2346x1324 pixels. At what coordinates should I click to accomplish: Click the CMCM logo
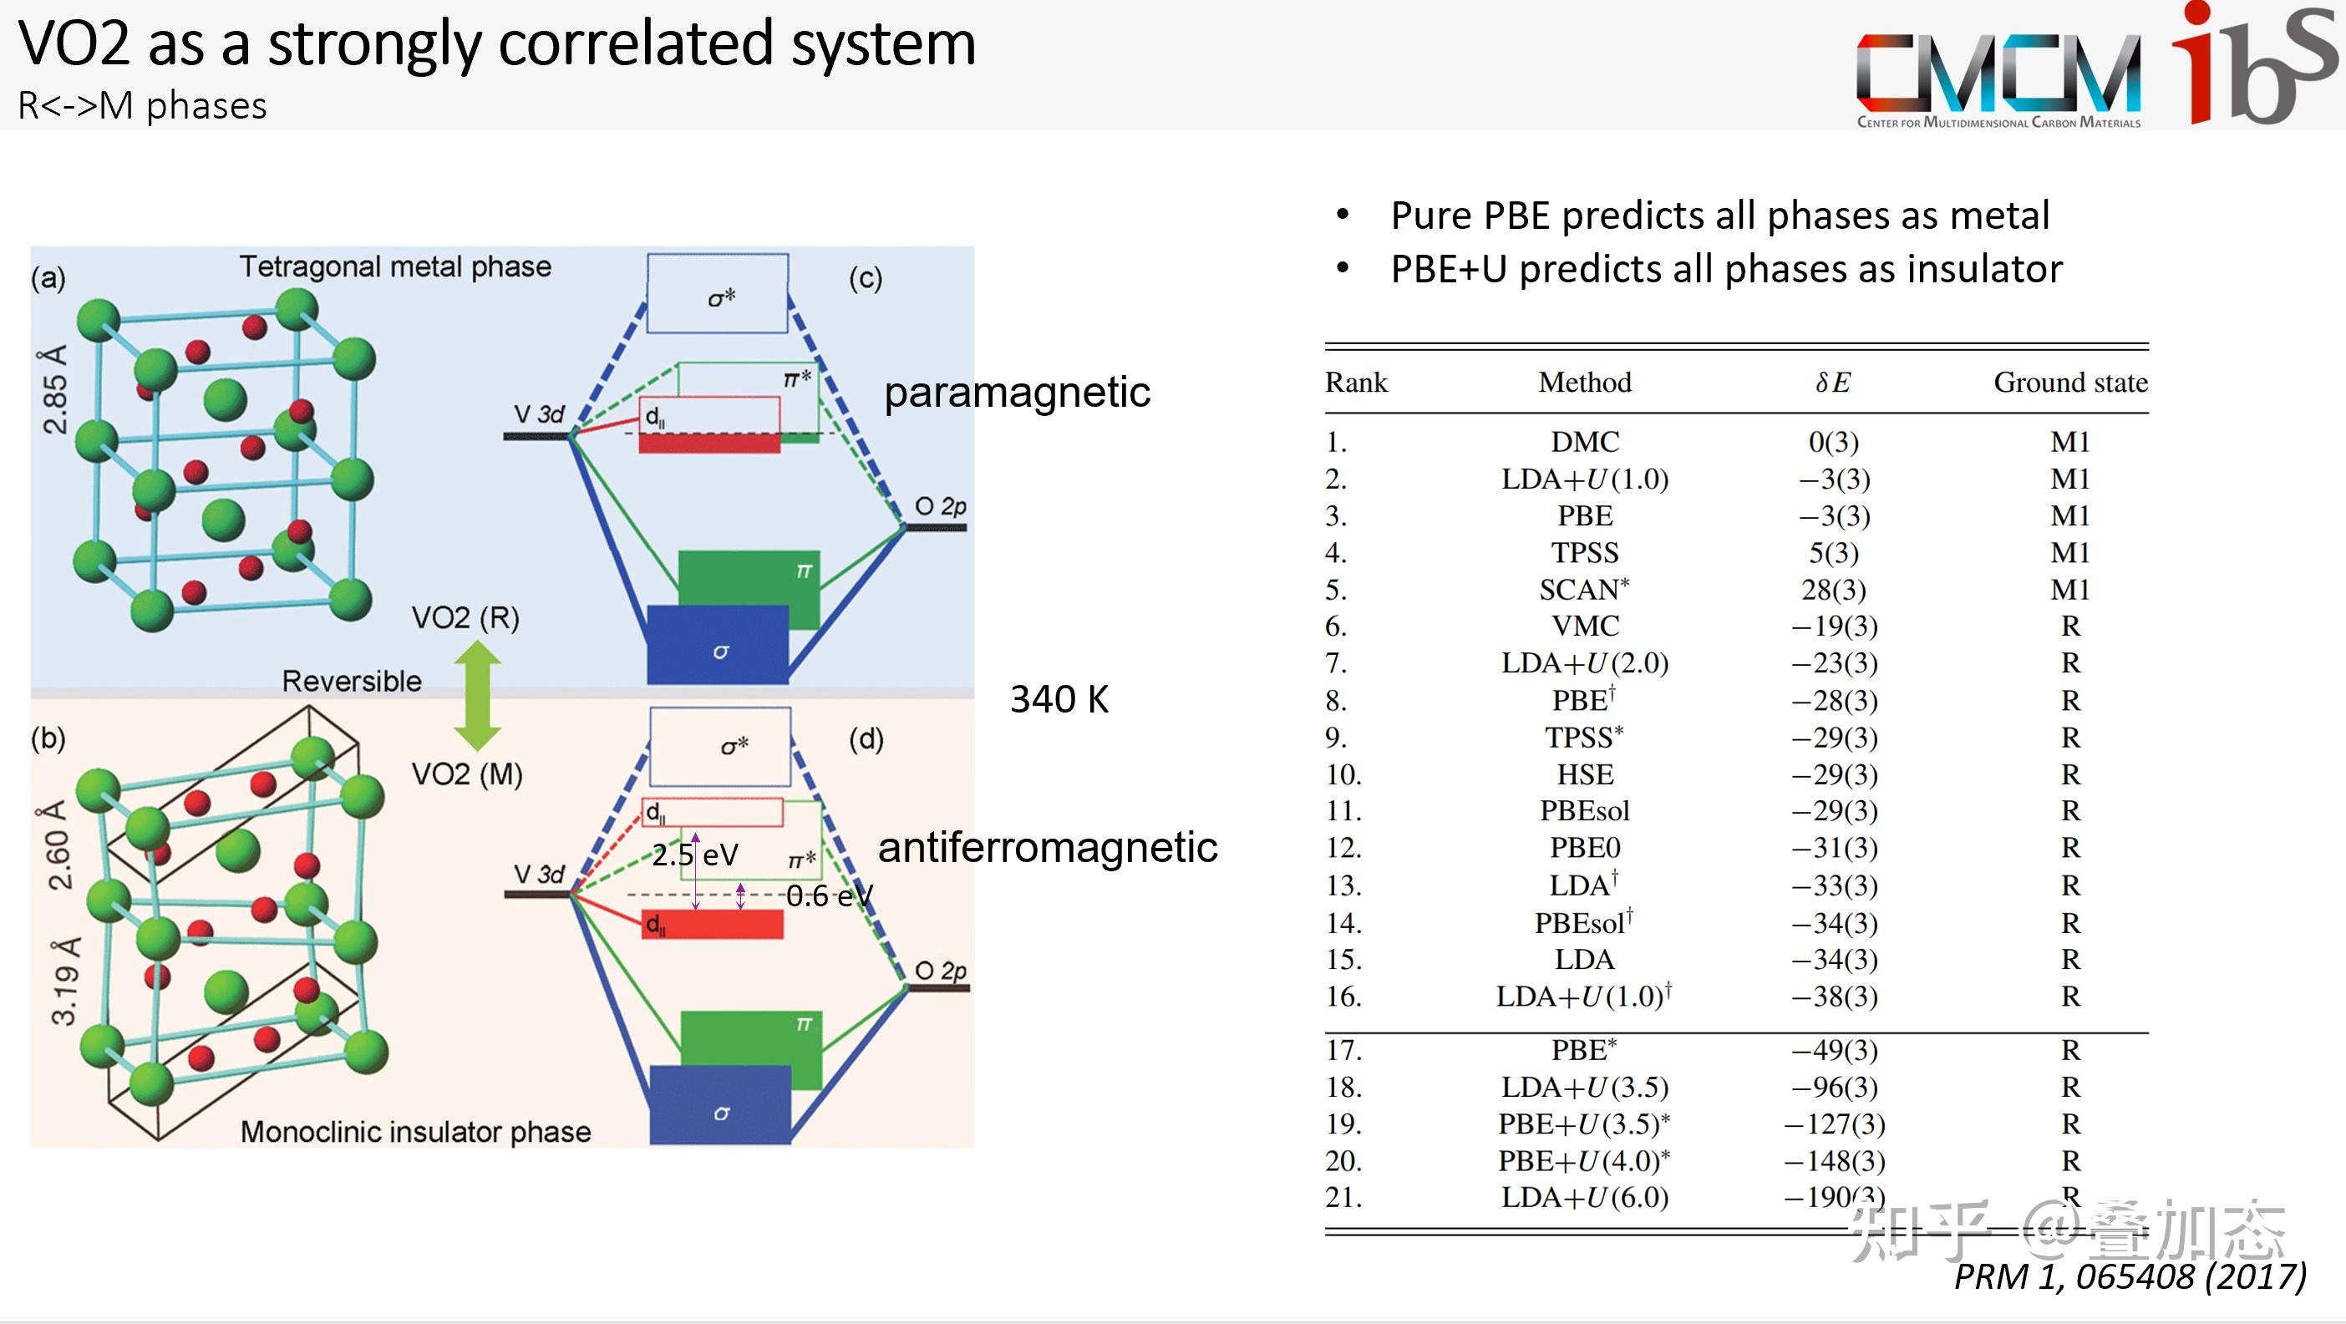[x=1998, y=80]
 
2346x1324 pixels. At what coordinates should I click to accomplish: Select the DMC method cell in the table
[x=1585, y=442]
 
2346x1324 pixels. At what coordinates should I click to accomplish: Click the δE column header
[x=1832, y=383]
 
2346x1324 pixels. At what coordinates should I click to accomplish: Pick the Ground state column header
[x=2070, y=383]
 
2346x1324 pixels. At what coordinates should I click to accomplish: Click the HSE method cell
[x=1585, y=774]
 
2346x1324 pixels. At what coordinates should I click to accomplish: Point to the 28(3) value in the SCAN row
[x=1833, y=589]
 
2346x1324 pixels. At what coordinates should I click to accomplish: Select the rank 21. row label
[x=1343, y=1196]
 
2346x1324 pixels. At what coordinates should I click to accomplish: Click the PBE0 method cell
[x=1585, y=848]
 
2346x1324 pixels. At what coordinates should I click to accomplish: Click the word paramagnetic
[x=1017, y=393]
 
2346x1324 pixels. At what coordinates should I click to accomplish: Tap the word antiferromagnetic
[x=1048, y=848]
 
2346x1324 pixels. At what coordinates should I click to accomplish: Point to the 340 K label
[x=1059, y=699]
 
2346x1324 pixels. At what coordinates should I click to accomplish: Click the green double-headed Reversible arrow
[x=477, y=696]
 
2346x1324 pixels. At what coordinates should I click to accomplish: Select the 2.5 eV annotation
[x=694, y=855]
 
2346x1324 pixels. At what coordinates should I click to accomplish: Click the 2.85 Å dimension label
[x=54, y=388]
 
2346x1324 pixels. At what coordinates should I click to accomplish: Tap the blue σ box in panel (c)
[x=718, y=645]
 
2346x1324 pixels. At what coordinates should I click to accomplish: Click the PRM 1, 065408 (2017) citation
[x=2130, y=1276]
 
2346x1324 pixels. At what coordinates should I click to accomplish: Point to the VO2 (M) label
[x=467, y=774]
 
